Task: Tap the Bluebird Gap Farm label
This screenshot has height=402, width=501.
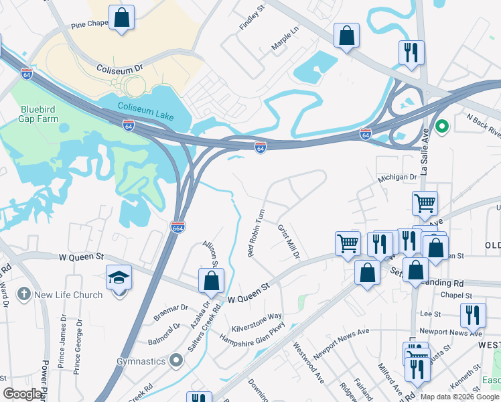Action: coord(40,114)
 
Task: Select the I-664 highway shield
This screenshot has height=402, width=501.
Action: coord(178,227)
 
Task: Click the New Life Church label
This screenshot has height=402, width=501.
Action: coord(69,294)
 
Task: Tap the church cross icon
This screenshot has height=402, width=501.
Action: coord(23,293)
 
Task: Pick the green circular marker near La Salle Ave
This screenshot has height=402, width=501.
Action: coord(441,125)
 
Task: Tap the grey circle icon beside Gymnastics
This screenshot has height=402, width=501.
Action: coord(176,361)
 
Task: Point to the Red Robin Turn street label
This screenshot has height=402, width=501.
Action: coord(257,232)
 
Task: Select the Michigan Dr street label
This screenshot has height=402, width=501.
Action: coord(397,177)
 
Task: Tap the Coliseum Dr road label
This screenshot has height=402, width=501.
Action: coord(120,69)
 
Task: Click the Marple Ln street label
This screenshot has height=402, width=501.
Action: coord(285,42)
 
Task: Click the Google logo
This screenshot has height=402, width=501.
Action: coord(23,394)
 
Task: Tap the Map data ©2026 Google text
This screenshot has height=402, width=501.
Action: coord(459,397)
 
